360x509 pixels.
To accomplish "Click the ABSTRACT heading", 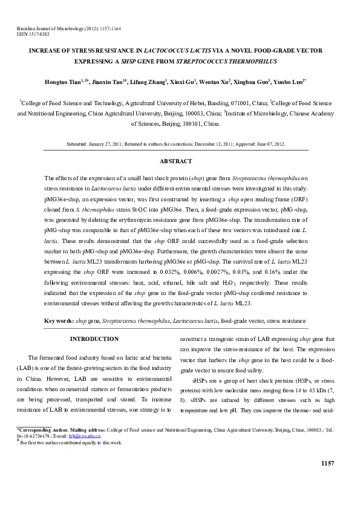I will point(175,161).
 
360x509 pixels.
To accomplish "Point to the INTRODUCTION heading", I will point(94,339).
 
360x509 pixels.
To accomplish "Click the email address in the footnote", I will point(86,435).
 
